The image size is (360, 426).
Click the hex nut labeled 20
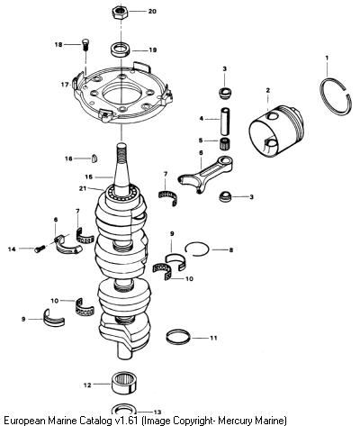point(121,13)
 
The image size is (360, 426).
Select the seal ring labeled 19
point(121,50)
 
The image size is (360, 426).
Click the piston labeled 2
point(276,130)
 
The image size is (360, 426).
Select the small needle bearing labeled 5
point(225,143)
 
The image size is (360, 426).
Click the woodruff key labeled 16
point(94,159)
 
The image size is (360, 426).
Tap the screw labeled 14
point(40,249)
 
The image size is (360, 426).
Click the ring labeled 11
point(178,337)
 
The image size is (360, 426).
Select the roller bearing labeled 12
point(124,384)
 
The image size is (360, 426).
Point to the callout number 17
point(65,85)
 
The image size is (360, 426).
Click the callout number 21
point(83,188)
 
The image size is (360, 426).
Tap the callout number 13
point(157,412)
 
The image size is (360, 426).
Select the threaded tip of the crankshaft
point(121,151)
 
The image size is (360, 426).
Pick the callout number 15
point(88,177)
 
